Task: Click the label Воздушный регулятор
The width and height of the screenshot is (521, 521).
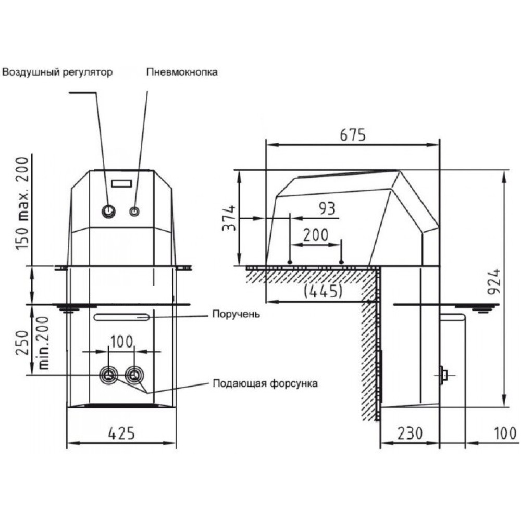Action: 57,72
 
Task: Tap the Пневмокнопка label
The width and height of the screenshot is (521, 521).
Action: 182,72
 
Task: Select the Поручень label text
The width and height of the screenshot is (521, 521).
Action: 236,314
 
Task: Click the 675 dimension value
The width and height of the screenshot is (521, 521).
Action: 353,135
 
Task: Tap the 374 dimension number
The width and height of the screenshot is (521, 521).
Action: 229,218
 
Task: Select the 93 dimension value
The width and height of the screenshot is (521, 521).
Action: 327,208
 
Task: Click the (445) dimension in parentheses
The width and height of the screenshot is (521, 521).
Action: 323,291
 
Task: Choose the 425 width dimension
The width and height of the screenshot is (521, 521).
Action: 121,433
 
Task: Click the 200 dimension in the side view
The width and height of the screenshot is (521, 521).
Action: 316,235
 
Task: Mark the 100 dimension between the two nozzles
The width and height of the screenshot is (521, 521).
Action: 121,342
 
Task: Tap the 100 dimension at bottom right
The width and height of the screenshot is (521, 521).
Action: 505,433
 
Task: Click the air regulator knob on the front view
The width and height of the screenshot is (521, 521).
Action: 109,211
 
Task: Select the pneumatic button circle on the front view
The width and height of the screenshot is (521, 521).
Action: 134,212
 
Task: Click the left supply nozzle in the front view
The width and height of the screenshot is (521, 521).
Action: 109,376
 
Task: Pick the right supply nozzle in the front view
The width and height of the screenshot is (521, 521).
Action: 134,376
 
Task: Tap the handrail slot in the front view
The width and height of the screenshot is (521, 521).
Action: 121,317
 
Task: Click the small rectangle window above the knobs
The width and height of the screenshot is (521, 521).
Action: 121,184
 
